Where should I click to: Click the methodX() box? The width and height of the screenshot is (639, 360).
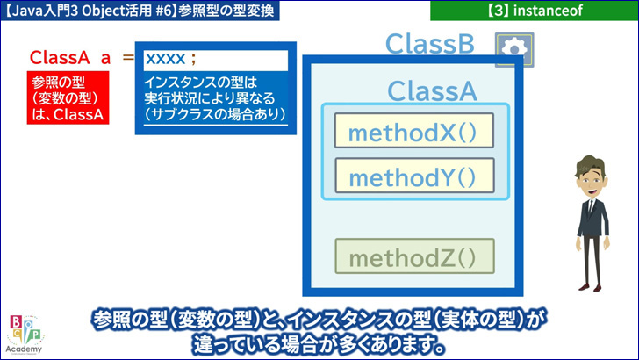point(414,131)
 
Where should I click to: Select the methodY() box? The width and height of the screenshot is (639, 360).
point(414,176)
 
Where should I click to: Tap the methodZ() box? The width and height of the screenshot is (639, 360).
point(414,256)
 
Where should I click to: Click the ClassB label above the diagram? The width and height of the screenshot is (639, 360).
point(430,44)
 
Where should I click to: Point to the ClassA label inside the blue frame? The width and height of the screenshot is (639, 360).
point(432,90)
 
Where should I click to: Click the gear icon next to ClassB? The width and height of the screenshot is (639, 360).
point(514,49)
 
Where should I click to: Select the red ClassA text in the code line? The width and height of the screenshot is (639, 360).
point(60,57)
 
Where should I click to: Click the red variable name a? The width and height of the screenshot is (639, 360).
point(105,59)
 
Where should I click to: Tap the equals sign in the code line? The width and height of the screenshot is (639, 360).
point(128,57)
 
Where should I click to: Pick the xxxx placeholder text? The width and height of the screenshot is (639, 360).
point(165,59)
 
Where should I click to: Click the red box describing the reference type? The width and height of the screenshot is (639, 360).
point(68,97)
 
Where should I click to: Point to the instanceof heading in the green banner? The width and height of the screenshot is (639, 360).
point(548,11)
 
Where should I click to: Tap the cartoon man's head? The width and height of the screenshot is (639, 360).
point(590,176)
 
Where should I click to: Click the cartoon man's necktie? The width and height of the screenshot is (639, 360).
point(590,209)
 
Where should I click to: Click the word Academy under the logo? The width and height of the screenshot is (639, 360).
point(24,349)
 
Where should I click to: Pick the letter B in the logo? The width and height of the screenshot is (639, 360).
point(17,322)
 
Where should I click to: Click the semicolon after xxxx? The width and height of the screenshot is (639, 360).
point(193,60)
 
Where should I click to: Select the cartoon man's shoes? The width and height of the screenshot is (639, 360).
point(591,287)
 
